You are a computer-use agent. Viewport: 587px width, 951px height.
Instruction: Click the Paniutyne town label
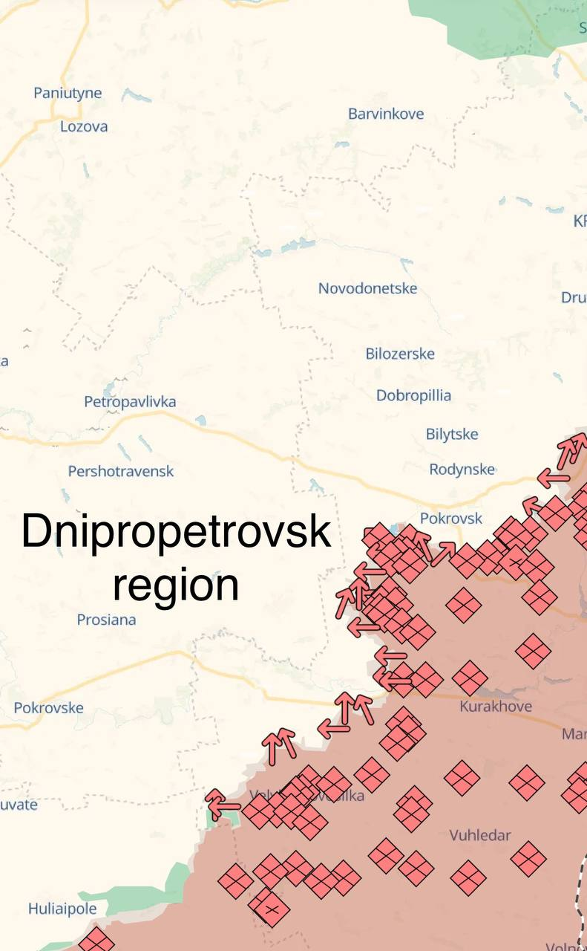click(68, 94)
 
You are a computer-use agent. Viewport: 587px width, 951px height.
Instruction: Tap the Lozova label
click(84, 126)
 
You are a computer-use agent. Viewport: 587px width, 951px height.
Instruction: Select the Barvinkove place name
click(386, 114)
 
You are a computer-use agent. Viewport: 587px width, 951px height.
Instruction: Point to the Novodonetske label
click(367, 288)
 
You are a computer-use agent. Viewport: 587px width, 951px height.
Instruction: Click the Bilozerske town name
click(400, 354)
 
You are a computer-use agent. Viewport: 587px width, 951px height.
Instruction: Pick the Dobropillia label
click(413, 395)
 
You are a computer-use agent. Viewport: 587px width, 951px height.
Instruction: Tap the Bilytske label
click(452, 434)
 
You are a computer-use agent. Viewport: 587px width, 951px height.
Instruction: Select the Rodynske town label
click(462, 470)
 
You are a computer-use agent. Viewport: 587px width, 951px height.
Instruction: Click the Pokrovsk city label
click(450, 519)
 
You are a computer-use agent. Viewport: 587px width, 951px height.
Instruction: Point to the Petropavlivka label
click(130, 402)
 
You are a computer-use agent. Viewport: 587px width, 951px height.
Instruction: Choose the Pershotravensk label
click(121, 471)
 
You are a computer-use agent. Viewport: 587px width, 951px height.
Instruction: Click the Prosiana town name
click(106, 619)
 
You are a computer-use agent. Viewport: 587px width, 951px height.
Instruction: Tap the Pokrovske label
click(48, 708)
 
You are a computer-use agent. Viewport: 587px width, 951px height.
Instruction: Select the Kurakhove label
click(496, 706)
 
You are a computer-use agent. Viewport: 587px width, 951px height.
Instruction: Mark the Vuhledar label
click(480, 835)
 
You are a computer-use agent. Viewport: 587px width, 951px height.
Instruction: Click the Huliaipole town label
click(62, 908)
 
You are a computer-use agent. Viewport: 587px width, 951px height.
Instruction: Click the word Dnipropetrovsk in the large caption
click(176, 533)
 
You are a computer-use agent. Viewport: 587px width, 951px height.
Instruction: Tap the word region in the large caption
click(176, 585)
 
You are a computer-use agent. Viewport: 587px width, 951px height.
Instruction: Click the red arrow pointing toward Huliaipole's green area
click(222, 805)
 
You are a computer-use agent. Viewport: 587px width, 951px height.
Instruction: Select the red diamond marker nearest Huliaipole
click(96, 940)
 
